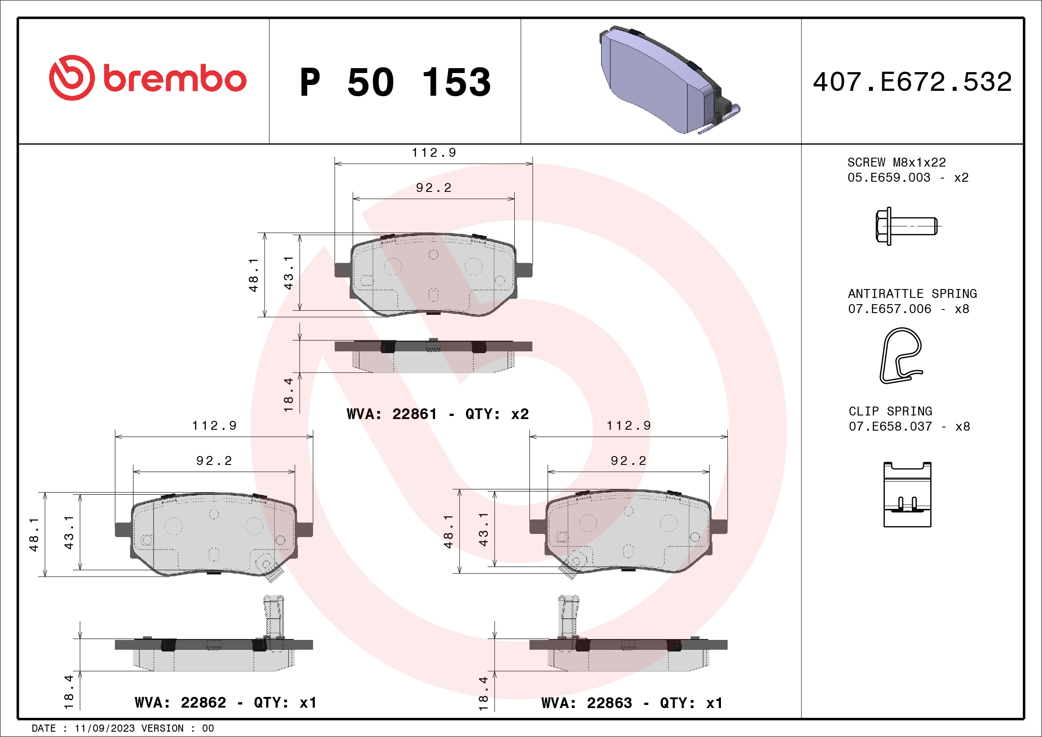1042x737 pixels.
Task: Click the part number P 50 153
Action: point(395,82)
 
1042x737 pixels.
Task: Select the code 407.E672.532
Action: point(912,81)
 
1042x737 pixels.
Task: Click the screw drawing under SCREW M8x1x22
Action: point(906,226)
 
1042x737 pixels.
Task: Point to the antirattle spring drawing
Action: point(901,356)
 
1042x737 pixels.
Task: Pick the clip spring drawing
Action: point(907,495)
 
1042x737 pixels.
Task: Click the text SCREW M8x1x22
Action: point(896,163)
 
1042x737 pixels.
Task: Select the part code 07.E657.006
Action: point(890,309)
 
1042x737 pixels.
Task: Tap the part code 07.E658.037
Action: point(891,427)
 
